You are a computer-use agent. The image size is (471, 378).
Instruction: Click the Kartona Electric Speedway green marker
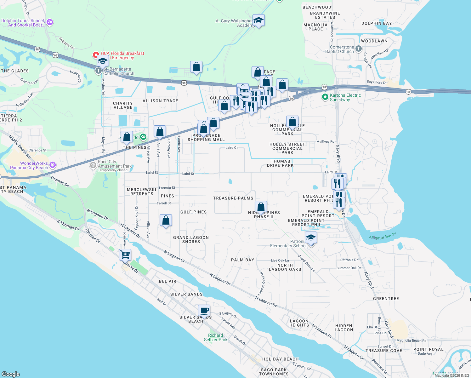pos(325,97)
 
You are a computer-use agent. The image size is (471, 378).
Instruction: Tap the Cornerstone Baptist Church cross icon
pos(358,49)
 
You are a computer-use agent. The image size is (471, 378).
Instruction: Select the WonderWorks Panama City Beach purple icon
pos(53,165)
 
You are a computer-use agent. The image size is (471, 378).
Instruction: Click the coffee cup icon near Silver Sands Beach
pos(204,311)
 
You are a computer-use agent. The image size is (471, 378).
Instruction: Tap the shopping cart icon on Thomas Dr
pos(125,254)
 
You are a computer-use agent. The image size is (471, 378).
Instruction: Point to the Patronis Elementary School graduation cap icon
pos(311,238)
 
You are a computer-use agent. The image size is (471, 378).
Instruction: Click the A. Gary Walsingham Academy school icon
pos(258,20)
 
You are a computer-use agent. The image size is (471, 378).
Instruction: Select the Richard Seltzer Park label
pos(216,337)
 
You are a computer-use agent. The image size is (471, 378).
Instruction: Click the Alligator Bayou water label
pos(382,236)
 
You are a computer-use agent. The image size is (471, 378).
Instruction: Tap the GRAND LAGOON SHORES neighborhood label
pos(191,239)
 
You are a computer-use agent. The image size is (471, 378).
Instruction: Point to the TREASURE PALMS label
pos(233,198)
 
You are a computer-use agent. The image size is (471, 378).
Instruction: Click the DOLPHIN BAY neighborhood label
pos(377,23)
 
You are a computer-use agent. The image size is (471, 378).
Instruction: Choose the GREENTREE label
pos(386,299)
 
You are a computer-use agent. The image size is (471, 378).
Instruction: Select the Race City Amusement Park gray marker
pos(93,165)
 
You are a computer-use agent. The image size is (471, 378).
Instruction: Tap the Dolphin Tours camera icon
pos(50,22)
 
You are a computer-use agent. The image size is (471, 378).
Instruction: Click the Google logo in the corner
pos(11,374)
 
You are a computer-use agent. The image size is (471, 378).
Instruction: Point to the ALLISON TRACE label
pos(160,101)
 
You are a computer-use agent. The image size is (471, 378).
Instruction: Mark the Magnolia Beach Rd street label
pos(411,341)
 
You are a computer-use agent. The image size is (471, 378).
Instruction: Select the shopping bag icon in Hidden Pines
pos(261,207)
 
